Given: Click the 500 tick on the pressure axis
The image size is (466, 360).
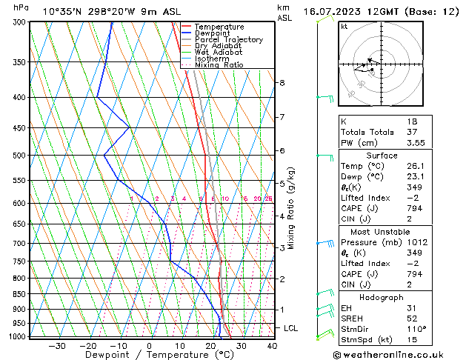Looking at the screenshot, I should (x=19, y=156).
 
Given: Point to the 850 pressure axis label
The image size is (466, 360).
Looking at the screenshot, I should (x=19, y=294).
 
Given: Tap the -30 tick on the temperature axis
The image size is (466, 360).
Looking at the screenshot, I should (x=57, y=346).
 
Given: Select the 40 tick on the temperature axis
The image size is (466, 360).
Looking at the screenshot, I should (x=272, y=346).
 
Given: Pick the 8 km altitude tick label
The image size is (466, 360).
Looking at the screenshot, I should (x=282, y=83).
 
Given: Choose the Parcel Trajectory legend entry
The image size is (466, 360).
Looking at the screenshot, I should (x=228, y=40).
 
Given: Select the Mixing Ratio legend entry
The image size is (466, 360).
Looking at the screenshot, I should (x=219, y=65).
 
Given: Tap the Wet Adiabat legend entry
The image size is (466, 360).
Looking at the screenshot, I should (x=219, y=53).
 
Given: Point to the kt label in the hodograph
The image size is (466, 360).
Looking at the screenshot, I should (x=344, y=27).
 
